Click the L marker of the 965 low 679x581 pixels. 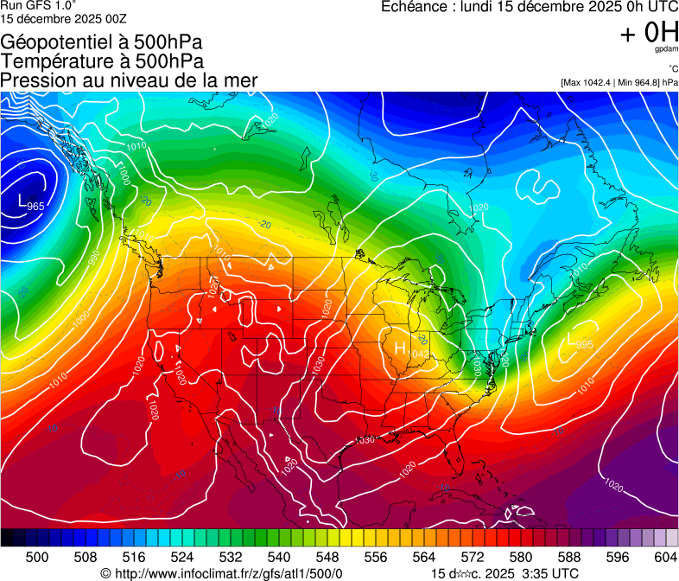coord(22,201)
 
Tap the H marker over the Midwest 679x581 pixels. coord(400,348)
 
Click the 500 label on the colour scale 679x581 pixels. coord(37,557)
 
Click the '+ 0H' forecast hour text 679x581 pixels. coord(649,33)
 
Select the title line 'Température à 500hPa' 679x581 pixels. coord(102,61)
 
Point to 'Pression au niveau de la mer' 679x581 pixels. coord(129,80)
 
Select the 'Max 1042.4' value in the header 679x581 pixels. coord(588,82)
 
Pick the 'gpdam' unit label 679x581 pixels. coord(666,49)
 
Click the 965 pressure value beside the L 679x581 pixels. coord(35,207)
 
